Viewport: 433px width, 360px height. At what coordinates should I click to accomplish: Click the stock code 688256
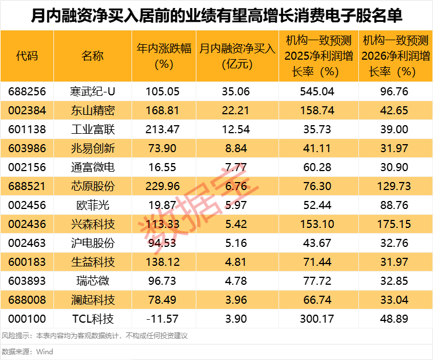pos(27,91)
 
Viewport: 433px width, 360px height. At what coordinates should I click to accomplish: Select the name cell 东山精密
pos(92,110)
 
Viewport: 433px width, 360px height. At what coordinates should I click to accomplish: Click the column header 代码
pos(27,56)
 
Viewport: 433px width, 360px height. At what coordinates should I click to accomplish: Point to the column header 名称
pos(92,56)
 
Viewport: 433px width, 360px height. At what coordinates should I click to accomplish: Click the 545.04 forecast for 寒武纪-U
pos(318,91)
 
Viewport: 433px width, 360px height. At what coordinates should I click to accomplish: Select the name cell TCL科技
pos(92,319)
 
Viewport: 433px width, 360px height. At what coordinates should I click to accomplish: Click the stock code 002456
pos(27,205)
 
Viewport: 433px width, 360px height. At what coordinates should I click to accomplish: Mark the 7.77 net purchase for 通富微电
pos(237,167)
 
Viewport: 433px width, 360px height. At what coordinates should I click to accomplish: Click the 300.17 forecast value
pos(318,319)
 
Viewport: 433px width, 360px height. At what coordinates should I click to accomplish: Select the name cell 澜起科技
pos(92,300)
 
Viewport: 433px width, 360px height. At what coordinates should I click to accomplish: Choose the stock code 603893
pos(27,281)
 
